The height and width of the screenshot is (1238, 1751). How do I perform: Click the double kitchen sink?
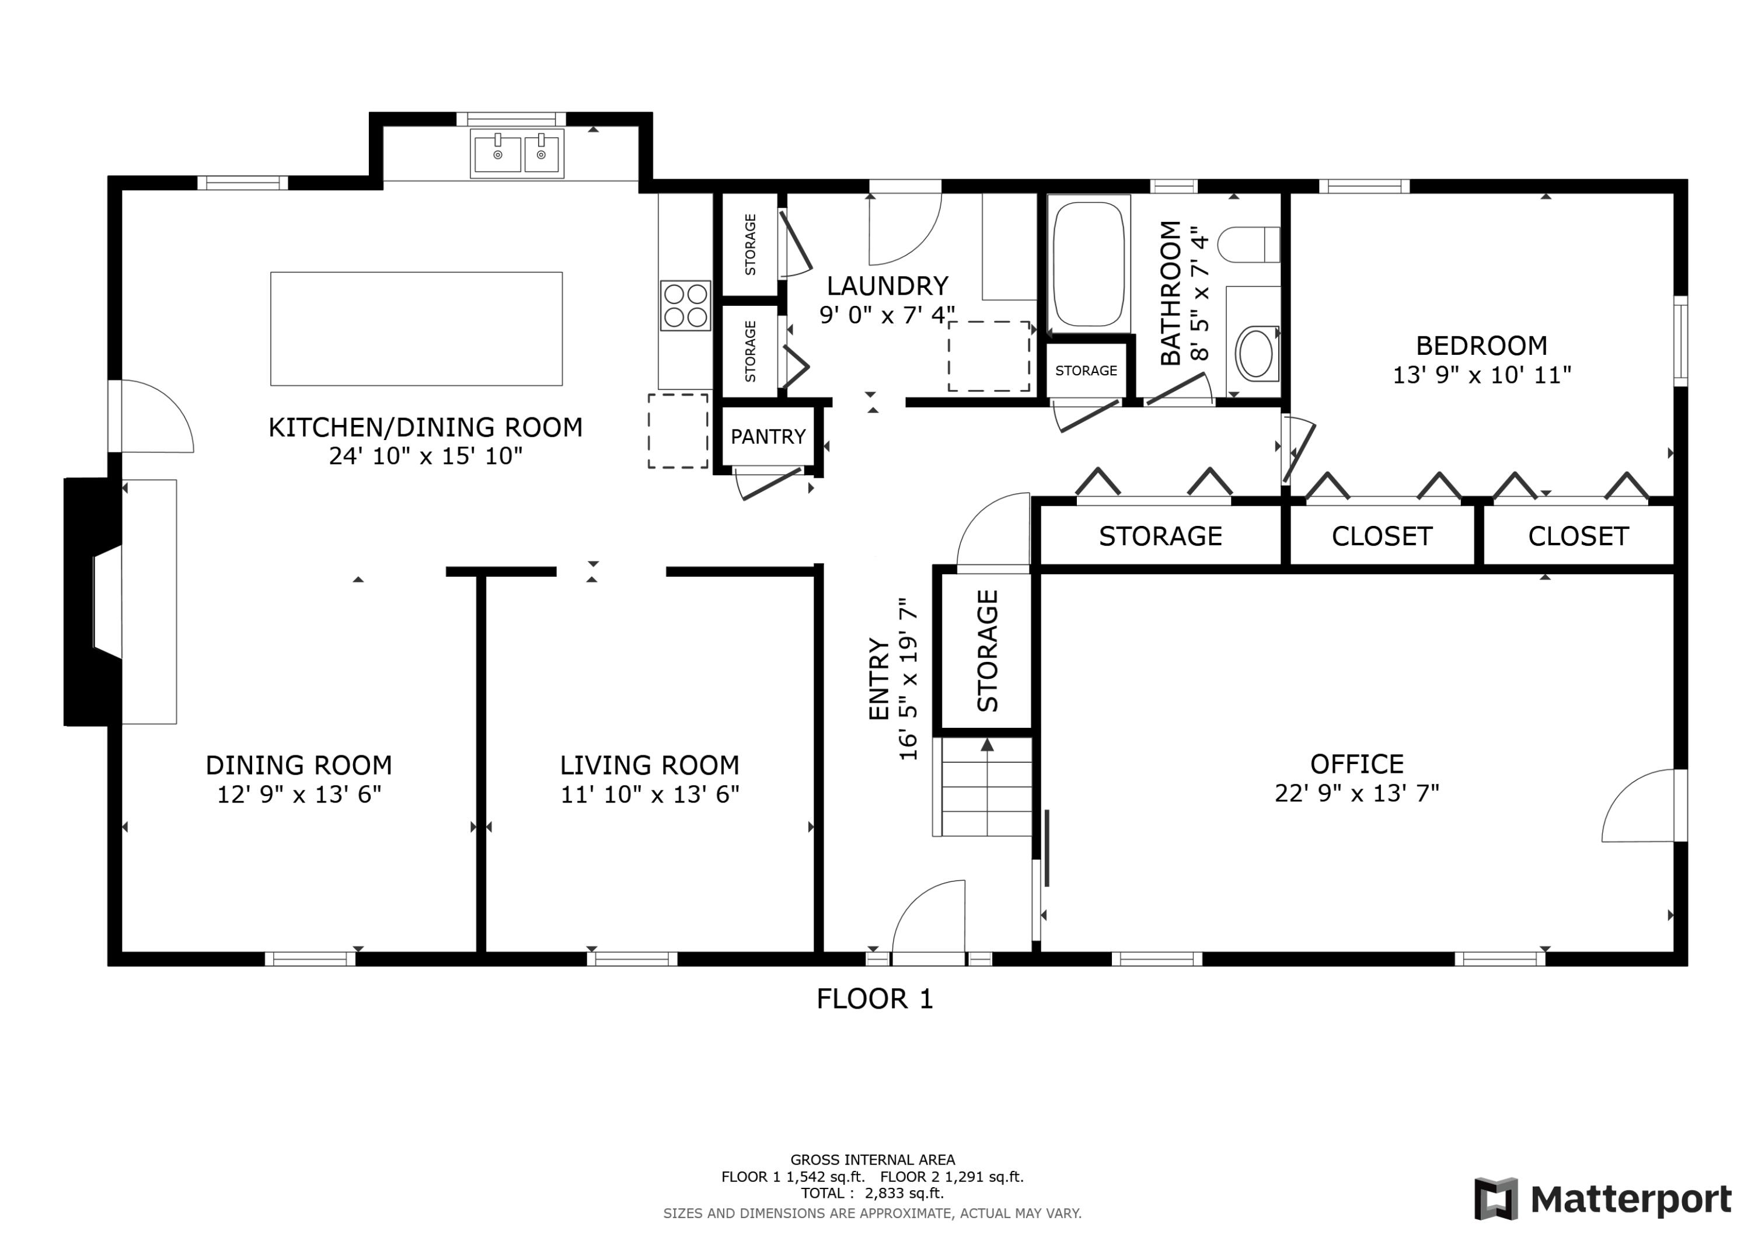click(x=517, y=154)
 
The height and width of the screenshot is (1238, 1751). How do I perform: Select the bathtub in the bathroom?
click(x=1089, y=264)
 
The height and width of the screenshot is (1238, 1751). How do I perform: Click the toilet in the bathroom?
click(x=1248, y=245)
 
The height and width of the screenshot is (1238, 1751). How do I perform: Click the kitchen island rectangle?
click(x=416, y=329)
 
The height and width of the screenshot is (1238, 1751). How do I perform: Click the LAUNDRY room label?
click(x=887, y=286)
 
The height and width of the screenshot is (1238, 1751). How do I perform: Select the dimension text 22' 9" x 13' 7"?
click(x=1356, y=793)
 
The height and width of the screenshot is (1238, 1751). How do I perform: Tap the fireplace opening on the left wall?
click(x=107, y=602)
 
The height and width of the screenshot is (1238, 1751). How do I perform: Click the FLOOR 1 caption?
click(x=875, y=999)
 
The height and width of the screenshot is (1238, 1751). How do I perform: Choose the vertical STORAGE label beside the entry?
click(x=987, y=651)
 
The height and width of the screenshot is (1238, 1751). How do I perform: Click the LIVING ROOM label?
click(x=649, y=765)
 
